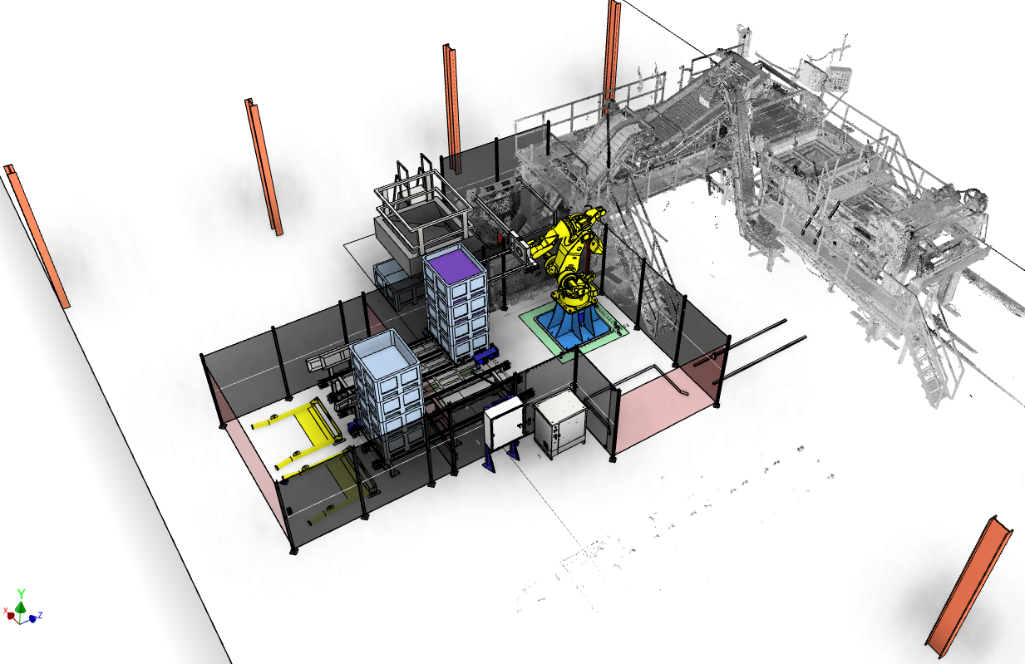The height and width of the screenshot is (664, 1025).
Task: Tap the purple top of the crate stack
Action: click(455, 265)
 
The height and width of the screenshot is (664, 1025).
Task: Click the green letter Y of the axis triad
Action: click(21, 593)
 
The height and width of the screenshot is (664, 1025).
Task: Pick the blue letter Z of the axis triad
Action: click(40, 616)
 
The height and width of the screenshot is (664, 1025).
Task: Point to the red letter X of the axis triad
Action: click(6, 611)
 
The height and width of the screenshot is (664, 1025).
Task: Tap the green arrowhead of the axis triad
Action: click(20, 607)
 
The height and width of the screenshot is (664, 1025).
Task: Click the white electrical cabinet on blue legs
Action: click(503, 424)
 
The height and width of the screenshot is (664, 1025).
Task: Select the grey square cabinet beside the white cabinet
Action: click(560, 424)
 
